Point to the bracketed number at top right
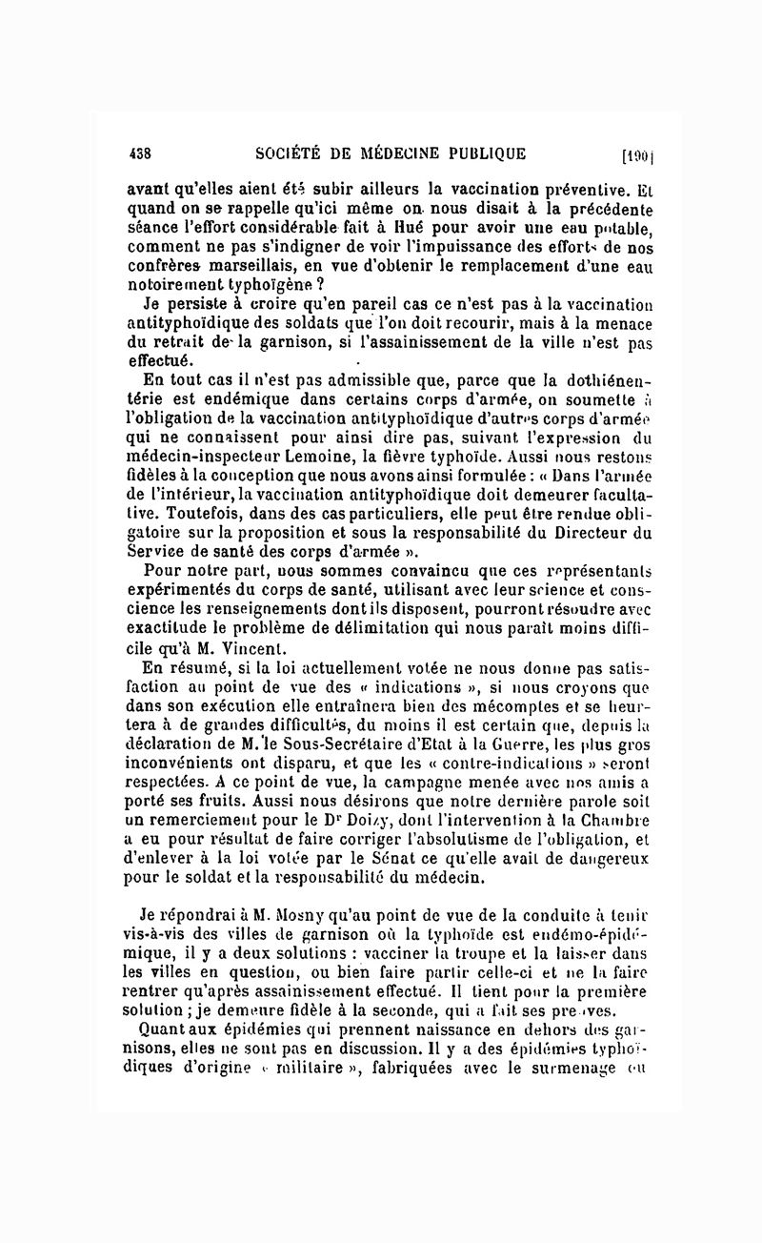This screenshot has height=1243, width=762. coord(634,156)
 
